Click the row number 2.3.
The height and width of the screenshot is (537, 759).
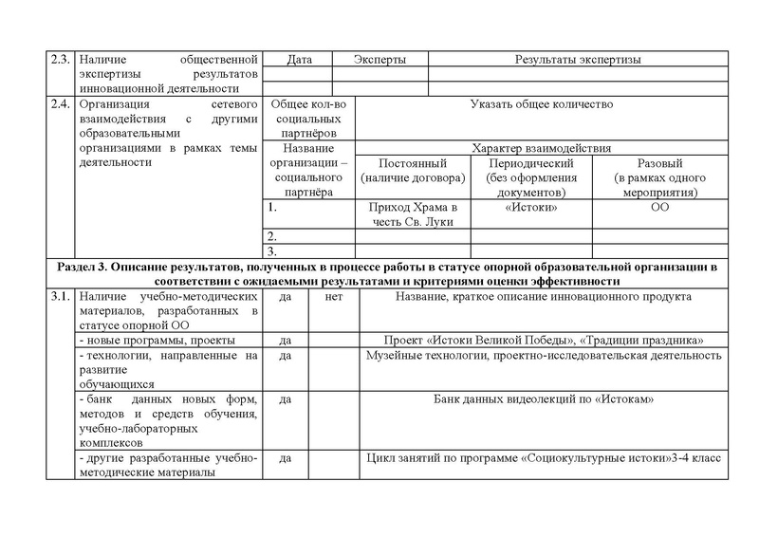[59, 60]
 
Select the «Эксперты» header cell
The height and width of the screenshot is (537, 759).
[379, 60]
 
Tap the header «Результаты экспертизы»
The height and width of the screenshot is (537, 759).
[577, 60]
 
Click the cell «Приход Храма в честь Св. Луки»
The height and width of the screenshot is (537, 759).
[418, 214]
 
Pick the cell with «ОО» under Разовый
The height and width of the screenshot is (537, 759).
[654, 208]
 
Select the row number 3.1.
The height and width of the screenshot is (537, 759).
[59, 297]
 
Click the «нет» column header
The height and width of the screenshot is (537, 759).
[333, 297]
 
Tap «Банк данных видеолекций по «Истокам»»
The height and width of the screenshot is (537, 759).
[544, 399]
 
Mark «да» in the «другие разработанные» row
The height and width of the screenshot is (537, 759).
[285, 458]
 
